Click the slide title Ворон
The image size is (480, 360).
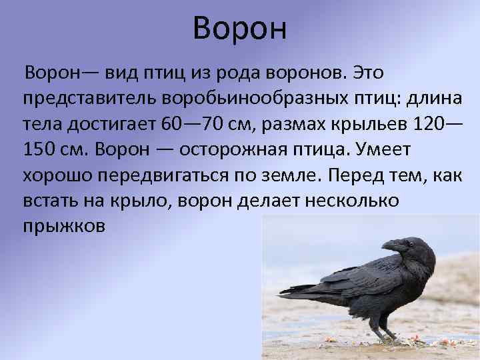239,29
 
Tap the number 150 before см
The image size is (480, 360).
39,149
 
